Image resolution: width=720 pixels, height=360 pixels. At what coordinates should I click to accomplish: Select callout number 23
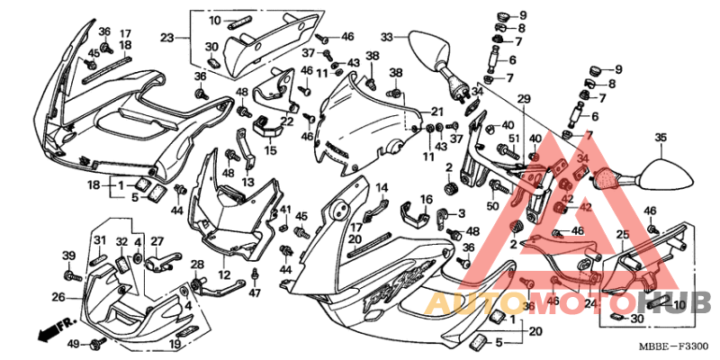pos(166,38)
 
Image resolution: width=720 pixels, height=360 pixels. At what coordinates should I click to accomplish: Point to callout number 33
pos(387,38)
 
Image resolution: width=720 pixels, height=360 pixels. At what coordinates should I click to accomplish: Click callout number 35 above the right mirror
pos(661,138)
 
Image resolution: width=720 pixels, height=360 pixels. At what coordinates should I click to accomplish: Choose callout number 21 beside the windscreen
pos(437,111)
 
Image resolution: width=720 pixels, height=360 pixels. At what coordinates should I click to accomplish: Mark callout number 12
pos(224,274)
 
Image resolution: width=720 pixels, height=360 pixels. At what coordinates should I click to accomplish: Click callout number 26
pos(58,296)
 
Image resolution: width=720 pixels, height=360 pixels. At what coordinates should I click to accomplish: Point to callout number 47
pos(255,293)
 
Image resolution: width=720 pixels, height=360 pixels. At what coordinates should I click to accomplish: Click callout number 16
pos(427,199)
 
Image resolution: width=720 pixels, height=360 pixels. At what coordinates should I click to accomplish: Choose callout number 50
pos(493,206)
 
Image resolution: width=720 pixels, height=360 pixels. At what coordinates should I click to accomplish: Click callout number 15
pos(270,150)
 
